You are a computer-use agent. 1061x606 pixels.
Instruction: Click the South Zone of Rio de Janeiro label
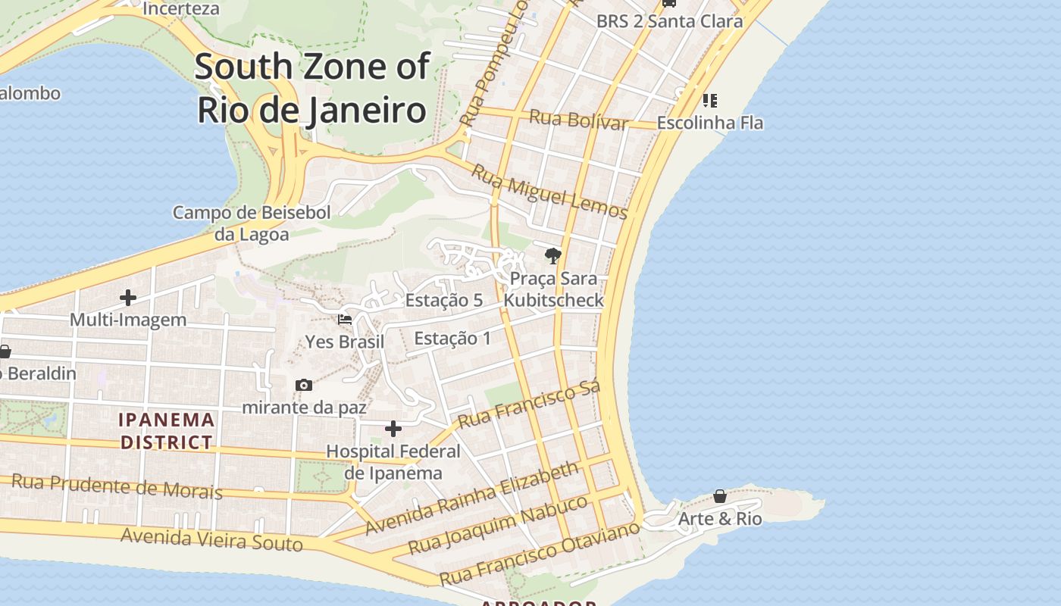coord(312,88)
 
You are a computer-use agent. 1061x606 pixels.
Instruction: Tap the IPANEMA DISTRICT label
coord(167,430)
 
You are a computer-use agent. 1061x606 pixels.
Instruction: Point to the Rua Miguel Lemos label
coord(549,191)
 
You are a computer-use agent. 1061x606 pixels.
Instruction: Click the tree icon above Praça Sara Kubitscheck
coord(553,256)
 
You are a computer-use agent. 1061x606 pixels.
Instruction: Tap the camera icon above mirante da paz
coord(304,385)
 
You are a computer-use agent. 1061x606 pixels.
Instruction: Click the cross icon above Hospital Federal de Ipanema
coord(393,429)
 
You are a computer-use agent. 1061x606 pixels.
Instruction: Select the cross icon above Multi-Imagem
coord(128,297)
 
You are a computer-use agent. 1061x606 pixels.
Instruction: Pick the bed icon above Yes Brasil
coord(345,320)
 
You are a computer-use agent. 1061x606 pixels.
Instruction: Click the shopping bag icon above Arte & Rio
coord(720,496)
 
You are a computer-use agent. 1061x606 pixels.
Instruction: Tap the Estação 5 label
coord(444,300)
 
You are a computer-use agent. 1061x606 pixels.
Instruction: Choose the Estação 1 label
coord(452,338)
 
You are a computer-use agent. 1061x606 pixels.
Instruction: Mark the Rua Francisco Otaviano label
coord(540,554)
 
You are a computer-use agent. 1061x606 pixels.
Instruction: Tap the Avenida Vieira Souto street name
coord(211,540)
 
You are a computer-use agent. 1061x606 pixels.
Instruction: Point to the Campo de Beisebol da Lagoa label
coord(252,223)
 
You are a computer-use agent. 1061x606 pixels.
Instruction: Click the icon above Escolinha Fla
coord(709,100)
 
